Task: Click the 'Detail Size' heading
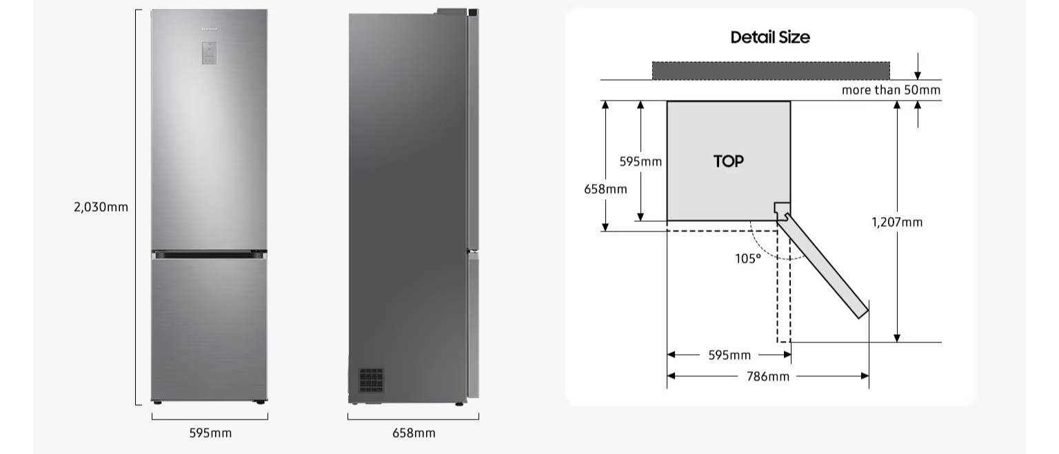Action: pos(770,37)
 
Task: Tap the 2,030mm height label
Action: pos(101,207)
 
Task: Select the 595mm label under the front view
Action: pos(210,433)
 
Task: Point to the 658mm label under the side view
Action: pos(414,433)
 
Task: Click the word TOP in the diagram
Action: pos(729,162)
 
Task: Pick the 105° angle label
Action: pos(748,258)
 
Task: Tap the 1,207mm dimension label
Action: pos(897,222)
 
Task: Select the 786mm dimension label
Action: pos(768,377)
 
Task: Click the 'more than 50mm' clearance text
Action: pos(891,90)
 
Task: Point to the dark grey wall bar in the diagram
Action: pos(771,71)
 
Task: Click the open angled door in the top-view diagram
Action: pos(823,266)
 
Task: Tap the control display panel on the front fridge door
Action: pos(209,53)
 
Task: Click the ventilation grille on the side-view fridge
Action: pos(371,380)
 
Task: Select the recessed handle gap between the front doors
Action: pos(209,255)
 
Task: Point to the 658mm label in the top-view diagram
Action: pos(605,189)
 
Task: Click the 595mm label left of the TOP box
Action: pos(641,162)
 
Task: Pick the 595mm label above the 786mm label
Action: pos(729,355)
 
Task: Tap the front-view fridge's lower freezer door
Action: pos(209,329)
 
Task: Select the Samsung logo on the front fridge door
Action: pos(209,30)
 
